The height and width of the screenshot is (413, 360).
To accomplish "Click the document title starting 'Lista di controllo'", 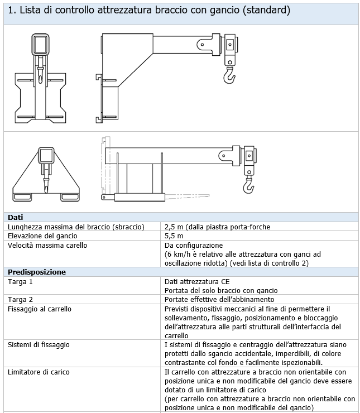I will click(x=150, y=11).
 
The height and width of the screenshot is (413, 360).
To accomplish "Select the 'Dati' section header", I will click(x=17, y=217).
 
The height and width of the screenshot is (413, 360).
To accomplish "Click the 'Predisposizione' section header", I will click(x=37, y=272).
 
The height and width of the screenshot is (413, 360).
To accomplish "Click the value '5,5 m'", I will click(x=174, y=236).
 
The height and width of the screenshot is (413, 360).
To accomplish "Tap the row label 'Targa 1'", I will click(x=20, y=281).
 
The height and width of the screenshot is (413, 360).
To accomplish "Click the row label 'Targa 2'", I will click(x=20, y=299).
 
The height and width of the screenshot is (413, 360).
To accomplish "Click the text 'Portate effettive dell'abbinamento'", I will click(x=219, y=299).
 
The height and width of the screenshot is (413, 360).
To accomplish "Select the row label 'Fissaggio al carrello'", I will click(x=40, y=309).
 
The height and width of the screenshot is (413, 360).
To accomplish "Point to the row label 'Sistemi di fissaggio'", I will click(x=39, y=344).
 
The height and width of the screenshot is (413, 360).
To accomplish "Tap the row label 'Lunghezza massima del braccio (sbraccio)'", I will click(x=76, y=227).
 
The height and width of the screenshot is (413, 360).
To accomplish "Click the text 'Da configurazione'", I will click(x=194, y=245).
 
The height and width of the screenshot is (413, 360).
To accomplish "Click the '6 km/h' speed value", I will click(x=180, y=254).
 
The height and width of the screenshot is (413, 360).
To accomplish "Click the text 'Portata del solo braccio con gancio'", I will click(x=221, y=290).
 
